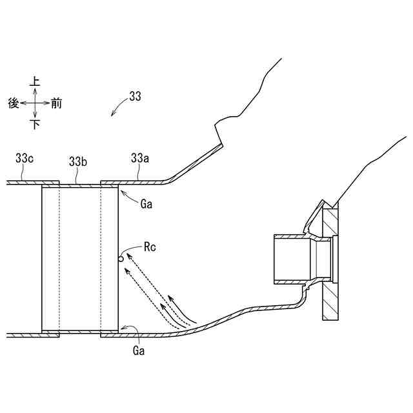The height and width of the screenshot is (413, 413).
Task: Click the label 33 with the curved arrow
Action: (135, 97)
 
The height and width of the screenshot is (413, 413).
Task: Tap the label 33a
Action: (139, 157)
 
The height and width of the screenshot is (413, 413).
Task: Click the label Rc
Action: (150, 246)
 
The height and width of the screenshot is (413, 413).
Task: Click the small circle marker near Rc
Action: (121, 259)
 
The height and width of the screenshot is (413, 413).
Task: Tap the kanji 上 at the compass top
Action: (35, 81)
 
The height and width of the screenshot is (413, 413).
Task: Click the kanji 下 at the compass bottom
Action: (35, 124)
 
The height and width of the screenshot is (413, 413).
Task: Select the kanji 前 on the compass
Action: (57, 103)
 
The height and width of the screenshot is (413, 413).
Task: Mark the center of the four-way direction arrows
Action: (35, 103)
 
